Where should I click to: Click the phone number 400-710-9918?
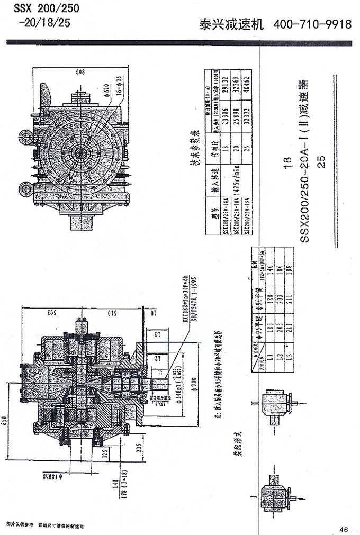pos(312,25)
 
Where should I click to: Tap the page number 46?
pos(343,529)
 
